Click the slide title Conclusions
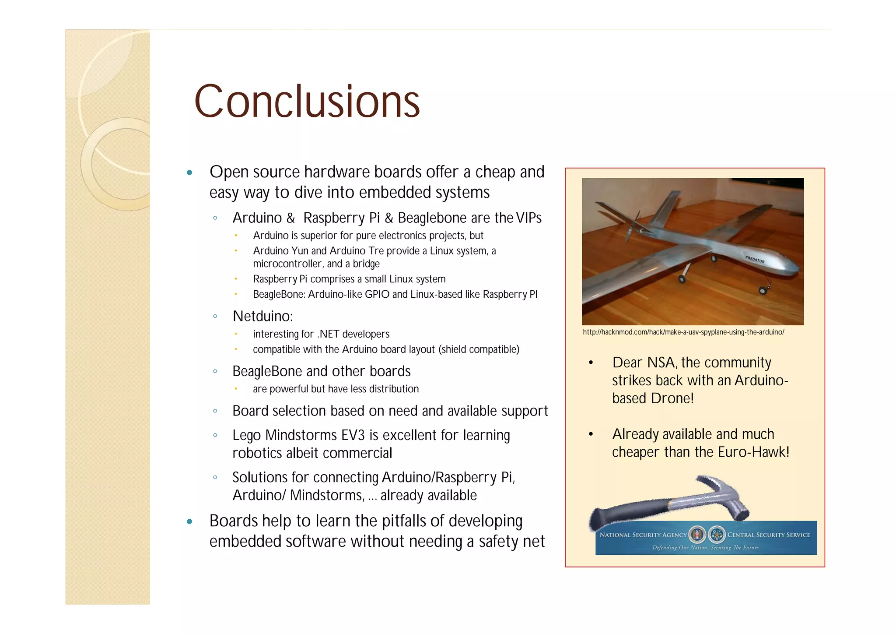(307, 102)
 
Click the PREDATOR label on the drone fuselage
(755, 259)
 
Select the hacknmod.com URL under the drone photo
(683, 332)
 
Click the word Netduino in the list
(262, 316)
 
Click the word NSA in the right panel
(661, 363)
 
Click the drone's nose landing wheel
(763, 290)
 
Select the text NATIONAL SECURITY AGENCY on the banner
(643, 535)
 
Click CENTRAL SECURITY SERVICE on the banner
(768, 535)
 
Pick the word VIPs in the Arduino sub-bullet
(528, 218)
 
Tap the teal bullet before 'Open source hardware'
(189, 173)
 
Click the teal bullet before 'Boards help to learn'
(189, 521)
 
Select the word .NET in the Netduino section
(328, 335)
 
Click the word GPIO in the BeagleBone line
(377, 295)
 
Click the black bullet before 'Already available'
(591, 434)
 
